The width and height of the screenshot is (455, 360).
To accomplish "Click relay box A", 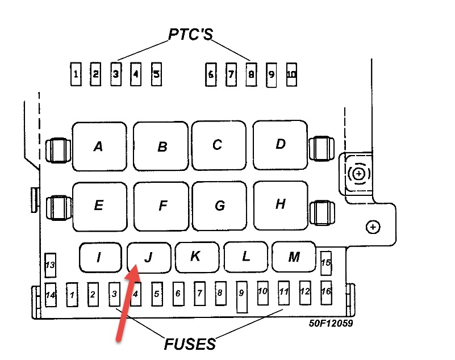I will pyautogui.click(x=99, y=146).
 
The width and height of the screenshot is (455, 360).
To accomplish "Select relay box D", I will pyautogui.click(x=279, y=144).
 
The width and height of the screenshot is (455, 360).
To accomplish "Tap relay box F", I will pyautogui.click(x=162, y=206).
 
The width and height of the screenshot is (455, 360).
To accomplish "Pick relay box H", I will pyautogui.click(x=279, y=204).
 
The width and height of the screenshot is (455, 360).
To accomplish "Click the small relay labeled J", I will pyautogui.click(x=149, y=257).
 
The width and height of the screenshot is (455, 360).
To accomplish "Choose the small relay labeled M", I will pyautogui.click(x=294, y=257).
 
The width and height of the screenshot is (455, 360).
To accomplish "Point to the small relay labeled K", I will pyautogui.click(x=195, y=257).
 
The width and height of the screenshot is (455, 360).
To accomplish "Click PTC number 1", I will pyautogui.click(x=76, y=74).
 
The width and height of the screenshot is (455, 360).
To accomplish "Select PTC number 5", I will pyautogui.click(x=156, y=74).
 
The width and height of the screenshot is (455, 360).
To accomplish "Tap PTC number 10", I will pyautogui.click(x=291, y=74).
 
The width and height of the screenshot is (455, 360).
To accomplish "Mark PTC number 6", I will pyautogui.click(x=211, y=74).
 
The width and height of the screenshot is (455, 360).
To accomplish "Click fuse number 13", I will pyautogui.click(x=50, y=265).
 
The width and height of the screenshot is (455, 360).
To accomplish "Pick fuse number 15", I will pyautogui.click(x=325, y=263).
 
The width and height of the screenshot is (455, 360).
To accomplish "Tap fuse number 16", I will pyautogui.click(x=325, y=292).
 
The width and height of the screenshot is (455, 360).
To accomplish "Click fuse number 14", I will pyautogui.click(x=51, y=294).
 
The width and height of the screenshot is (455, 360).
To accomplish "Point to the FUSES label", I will pyautogui.click(x=190, y=344).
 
